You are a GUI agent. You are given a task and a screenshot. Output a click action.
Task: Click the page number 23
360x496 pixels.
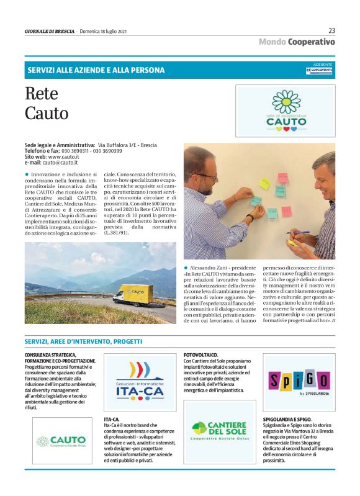pos(331,30)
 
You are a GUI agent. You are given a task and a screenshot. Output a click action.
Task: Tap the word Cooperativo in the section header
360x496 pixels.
pos(311,42)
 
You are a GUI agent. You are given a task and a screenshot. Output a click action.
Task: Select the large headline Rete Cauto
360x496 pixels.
pos(47,104)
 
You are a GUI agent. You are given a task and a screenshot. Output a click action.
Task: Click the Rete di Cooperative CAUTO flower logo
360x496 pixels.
pos(286,111)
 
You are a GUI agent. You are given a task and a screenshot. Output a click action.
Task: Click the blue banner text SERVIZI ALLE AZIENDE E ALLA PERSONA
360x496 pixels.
pos(96,70)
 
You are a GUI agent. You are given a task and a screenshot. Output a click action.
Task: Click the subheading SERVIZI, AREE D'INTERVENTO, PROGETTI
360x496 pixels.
pos(83,342)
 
